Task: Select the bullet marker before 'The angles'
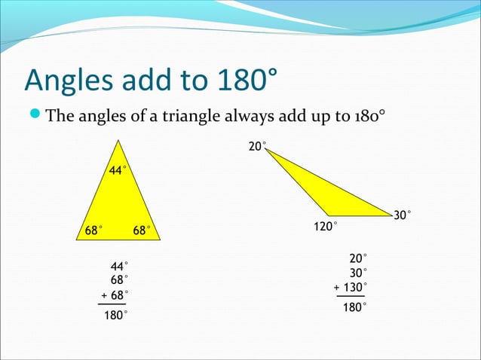pyautogui.click(x=35, y=116)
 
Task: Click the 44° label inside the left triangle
pyautogui.click(x=118, y=171)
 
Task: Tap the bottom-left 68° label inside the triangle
pyautogui.click(x=93, y=230)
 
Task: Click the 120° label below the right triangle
pyautogui.click(x=325, y=226)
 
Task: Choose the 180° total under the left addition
pyautogui.click(x=115, y=316)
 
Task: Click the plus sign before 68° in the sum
pyautogui.click(x=103, y=294)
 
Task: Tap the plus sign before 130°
pyautogui.click(x=336, y=287)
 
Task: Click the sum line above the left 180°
pyautogui.click(x=112, y=304)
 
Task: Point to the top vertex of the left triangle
pyautogui.click(x=118, y=141)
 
